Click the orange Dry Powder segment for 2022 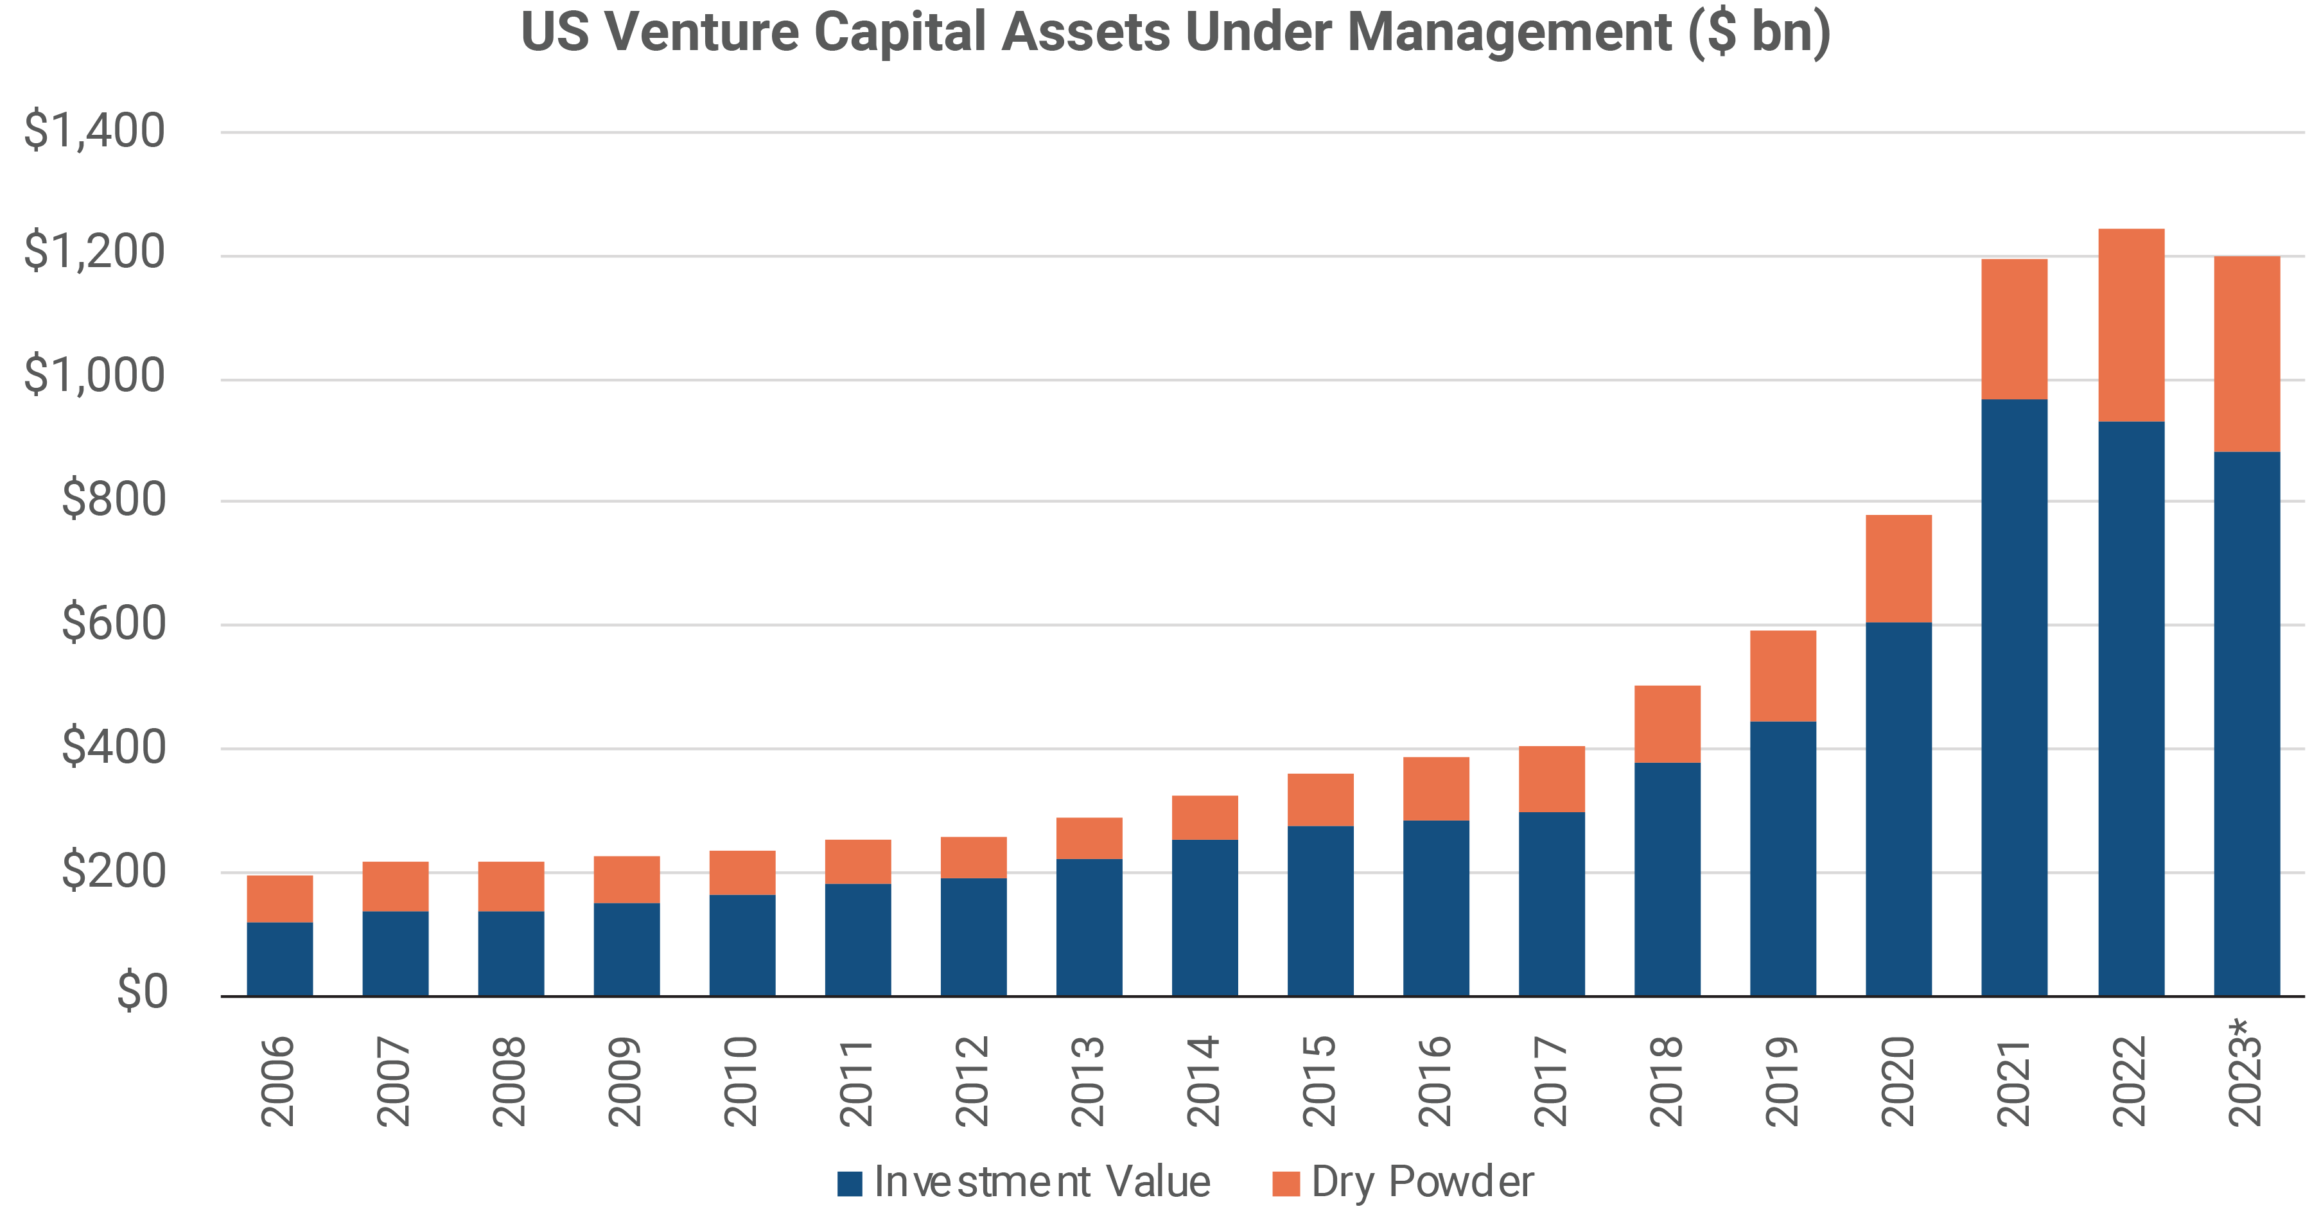(x=2131, y=325)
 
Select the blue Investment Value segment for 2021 (x=2014, y=697)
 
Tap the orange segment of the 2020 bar (x=1898, y=568)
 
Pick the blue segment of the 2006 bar (x=280, y=959)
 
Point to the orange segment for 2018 (x=1667, y=724)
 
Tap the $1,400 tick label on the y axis (x=94, y=130)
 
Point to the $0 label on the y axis (x=142, y=993)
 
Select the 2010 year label (x=740, y=1081)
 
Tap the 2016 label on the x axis (x=1434, y=1081)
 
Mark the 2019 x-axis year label (x=1782, y=1081)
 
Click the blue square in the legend (x=849, y=1183)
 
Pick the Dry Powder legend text (x=1422, y=1181)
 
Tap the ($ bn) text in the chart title (x=1758, y=32)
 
